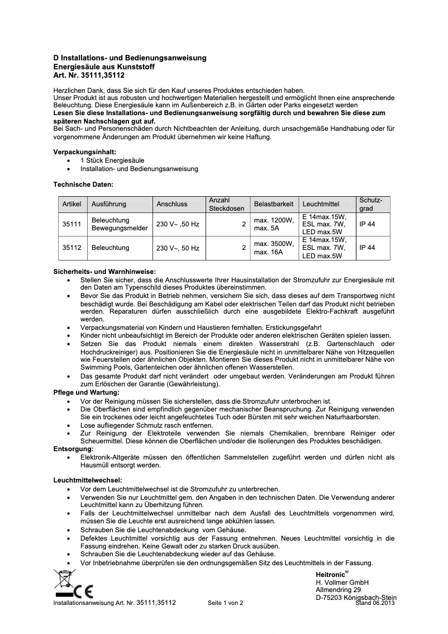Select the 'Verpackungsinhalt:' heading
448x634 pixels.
84,152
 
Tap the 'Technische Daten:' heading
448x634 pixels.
83,183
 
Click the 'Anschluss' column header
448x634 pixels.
172,204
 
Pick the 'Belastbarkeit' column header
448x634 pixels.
274,204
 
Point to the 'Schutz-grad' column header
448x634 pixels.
370,204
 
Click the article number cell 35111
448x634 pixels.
72,225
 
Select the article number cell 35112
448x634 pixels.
72,248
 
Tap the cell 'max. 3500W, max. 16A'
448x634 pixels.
274,248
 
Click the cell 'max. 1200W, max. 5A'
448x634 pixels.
274,225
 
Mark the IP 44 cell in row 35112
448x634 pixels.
367,248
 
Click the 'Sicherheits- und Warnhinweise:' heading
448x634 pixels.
104,272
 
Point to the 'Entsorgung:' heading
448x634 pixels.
73,448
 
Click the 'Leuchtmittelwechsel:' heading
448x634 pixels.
87,480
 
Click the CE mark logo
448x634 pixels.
85,592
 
